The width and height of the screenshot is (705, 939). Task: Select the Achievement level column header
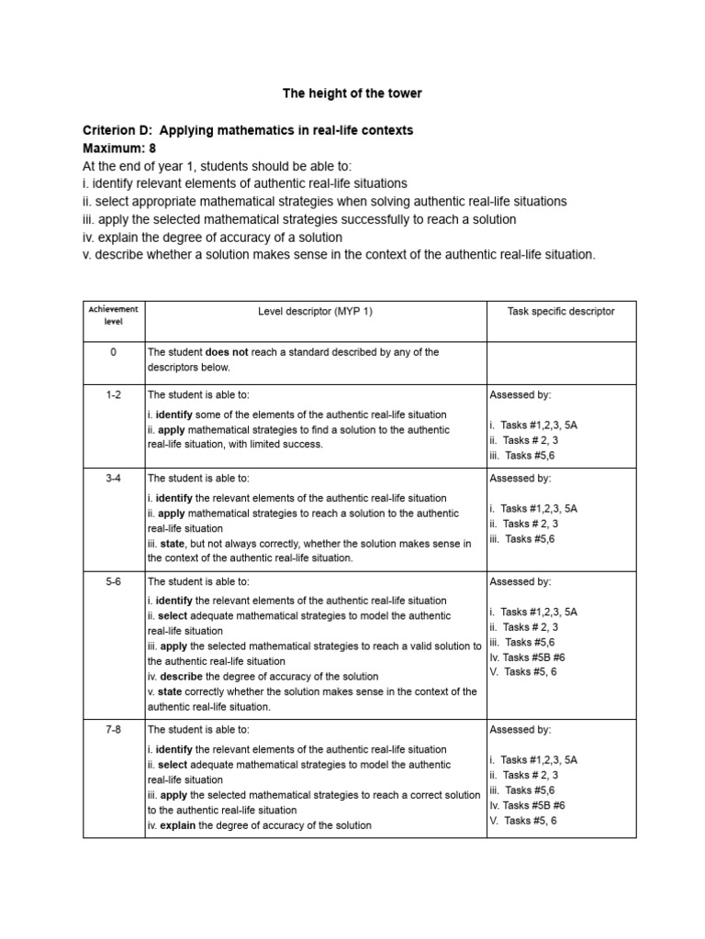(x=113, y=316)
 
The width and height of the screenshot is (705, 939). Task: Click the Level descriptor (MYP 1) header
(x=315, y=312)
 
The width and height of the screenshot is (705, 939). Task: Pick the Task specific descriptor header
(x=561, y=312)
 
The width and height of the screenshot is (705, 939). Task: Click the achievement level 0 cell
(x=113, y=352)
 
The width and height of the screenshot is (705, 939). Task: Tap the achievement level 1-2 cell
(x=113, y=394)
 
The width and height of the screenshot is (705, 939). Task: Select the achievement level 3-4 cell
(x=113, y=479)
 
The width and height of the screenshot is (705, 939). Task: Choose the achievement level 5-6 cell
(x=113, y=581)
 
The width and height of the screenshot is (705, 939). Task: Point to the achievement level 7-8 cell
(x=113, y=730)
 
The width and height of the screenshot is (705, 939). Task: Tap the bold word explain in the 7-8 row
(x=178, y=825)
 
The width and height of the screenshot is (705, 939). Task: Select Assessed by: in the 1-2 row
(x=520, y=394)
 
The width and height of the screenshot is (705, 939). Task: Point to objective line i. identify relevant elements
(x=244, y=183)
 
